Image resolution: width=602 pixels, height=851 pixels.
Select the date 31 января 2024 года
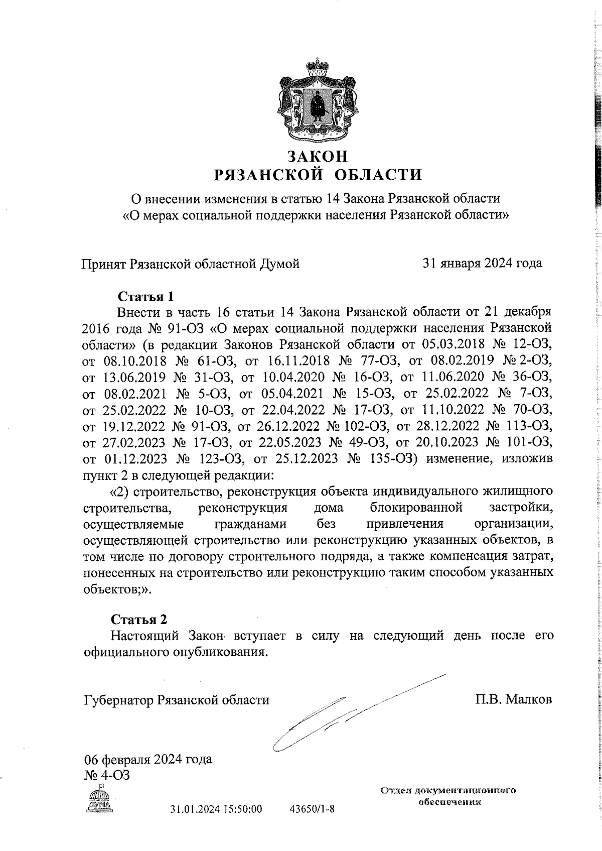pos(483,263)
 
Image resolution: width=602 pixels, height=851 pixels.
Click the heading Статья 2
pos(138,618)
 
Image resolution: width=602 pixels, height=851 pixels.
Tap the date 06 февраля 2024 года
pos(148,759)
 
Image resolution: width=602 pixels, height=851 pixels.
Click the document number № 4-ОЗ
pos(107,775)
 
